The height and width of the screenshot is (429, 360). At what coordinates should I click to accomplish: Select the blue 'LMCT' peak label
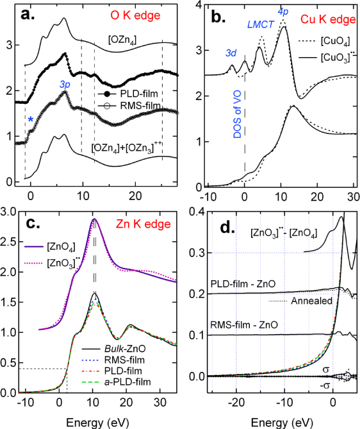tap(260, 25)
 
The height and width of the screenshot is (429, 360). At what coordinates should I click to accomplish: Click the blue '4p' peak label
tap(282, 11)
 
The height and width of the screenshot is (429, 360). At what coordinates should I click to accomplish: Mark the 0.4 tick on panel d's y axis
tap(195, 212)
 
